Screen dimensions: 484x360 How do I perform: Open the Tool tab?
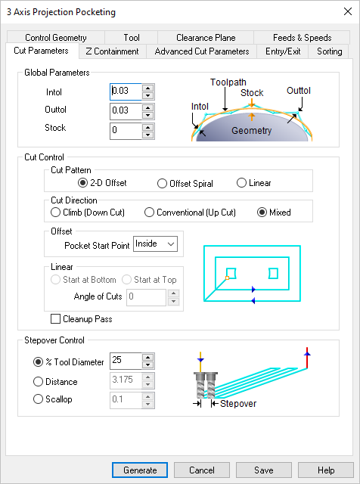click(132, 38)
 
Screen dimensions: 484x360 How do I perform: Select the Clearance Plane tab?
click(206, 38)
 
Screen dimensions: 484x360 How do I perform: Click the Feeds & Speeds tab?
click(302, 38)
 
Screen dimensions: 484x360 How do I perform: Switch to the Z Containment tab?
click(112, 51)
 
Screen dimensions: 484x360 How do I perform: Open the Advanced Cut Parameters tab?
click(201, 51)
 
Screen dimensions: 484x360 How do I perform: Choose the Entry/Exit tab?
click(283, 51)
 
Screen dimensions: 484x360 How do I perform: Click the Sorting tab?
click(329, 51)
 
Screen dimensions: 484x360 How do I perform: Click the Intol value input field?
click(126, 92)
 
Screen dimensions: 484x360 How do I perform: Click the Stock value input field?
click(126, 131)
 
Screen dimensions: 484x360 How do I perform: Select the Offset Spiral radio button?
click(163, 183)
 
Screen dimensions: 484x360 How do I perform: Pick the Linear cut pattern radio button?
click(242, 183)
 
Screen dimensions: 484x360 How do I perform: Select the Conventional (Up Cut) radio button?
click(150, 213)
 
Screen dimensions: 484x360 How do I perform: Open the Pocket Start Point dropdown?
click(154, 244)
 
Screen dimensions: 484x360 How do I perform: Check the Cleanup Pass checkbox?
click(55, 319)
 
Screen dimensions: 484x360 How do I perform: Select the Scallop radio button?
click(39, 399)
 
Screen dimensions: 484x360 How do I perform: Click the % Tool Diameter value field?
click(126, 361)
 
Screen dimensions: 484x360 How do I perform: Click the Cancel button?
click(202, 470)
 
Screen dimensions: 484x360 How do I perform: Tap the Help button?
click(326, 470)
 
